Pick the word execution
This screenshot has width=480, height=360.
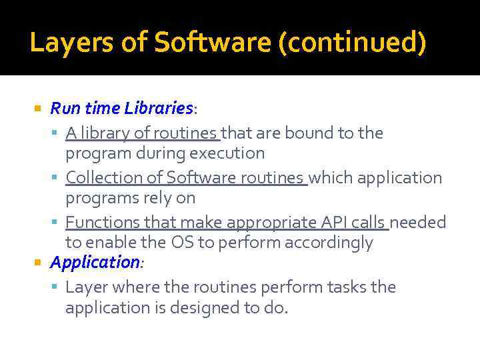[x=227, y=153]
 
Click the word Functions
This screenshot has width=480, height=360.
[x=100, y=222]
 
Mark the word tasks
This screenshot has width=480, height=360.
[x=349, y=287]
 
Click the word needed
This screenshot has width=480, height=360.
[x=418, y=222]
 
